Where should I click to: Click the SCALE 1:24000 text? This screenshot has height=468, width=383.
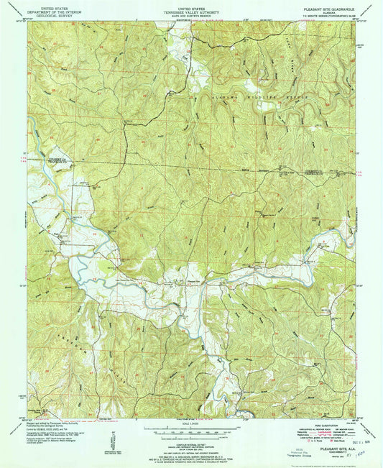point(191,422)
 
